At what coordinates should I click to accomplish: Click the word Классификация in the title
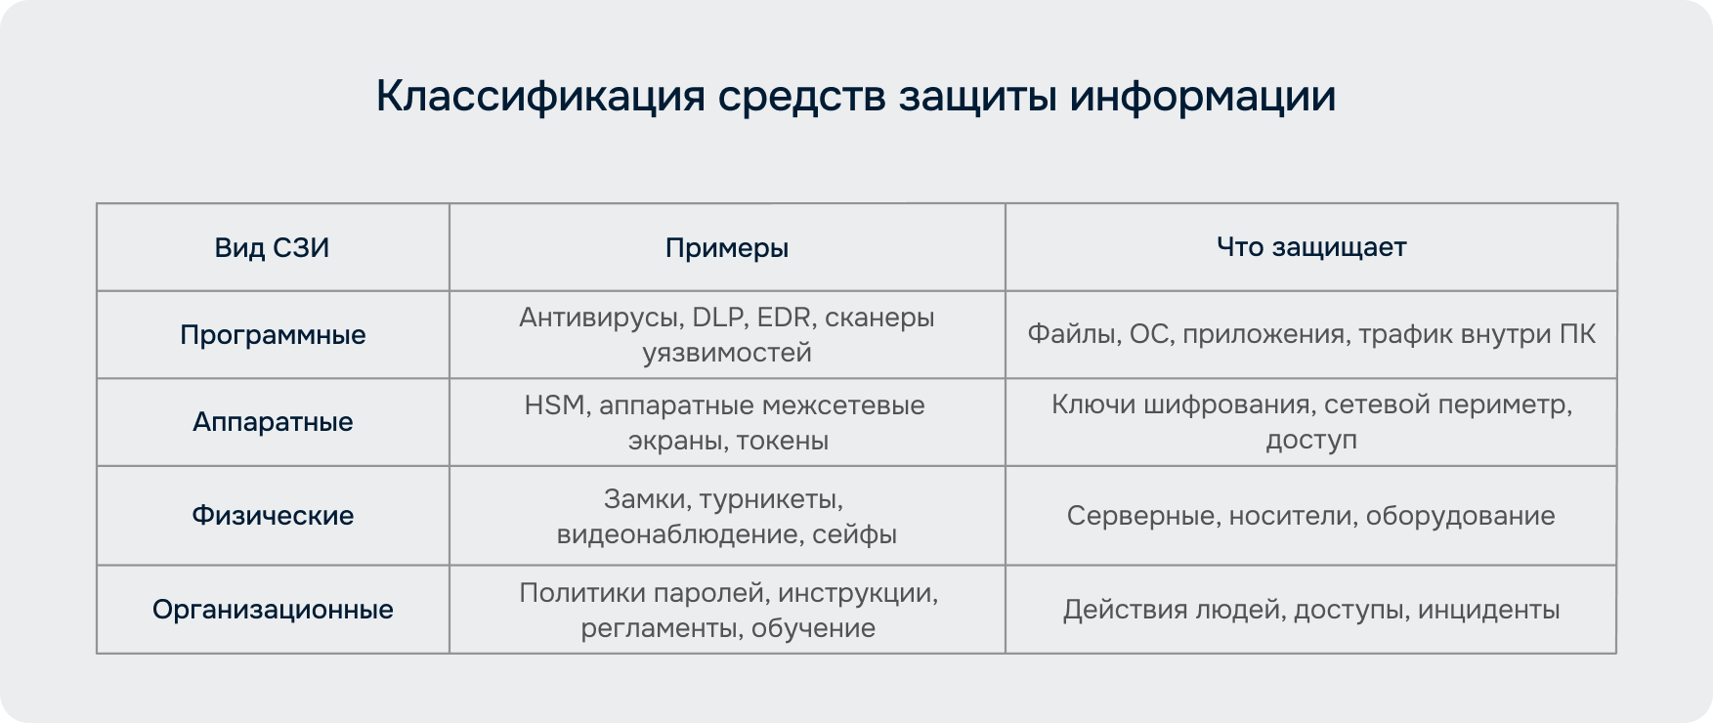coord(540,97)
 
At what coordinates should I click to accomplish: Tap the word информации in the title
coord(1202,97)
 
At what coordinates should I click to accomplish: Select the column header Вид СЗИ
coord(272,247)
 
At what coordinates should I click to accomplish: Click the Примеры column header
coord(727,248)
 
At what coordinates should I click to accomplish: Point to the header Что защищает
coord(1311,247)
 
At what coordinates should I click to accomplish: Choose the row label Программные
coord(273,335)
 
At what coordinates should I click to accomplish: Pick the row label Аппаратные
coord(273,422)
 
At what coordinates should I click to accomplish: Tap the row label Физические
coord(273,516)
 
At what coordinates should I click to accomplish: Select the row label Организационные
coord(273,610)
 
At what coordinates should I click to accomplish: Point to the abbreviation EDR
coord(785,318)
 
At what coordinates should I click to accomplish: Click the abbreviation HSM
coord(554,405)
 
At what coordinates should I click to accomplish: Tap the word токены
coord(783,441)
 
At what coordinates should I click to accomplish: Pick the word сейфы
coord(854,534)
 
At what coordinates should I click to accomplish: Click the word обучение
coord(813,628)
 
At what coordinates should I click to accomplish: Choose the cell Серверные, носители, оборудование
coord(1311,516)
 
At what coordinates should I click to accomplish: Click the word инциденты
coord(1488,610)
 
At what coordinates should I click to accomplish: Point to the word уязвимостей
coord(727,353)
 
